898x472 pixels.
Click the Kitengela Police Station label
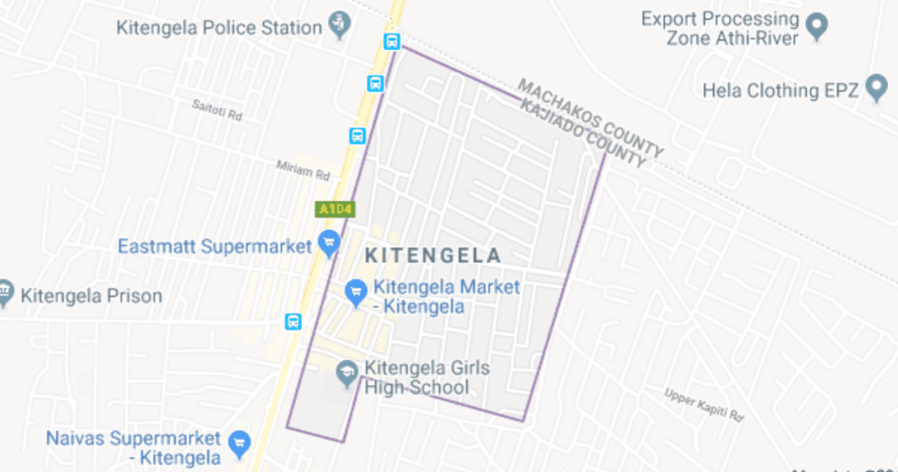tap(219, 27)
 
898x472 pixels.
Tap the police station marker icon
tap(339, 25)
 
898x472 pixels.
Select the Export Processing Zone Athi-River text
tap(720, 28)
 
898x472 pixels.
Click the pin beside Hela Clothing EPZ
tap(876, 88)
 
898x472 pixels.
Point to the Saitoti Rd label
tap(217, 110)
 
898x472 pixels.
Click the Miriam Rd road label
tap(303, 168)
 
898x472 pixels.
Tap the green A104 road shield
tap(335, 209)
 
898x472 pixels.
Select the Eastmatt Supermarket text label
tap(215, 246)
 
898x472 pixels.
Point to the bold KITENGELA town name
tap(432, 256)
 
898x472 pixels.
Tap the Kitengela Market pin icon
tap(355, 292)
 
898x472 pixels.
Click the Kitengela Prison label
tap(91, 296)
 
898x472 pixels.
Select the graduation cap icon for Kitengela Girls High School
tap(346, 375)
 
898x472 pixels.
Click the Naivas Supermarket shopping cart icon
tap(239, 443)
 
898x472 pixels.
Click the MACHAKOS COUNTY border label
tap(590, 116)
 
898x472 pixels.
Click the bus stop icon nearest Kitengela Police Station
tap(391, 41)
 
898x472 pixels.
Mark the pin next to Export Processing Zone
tap(817, 26)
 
